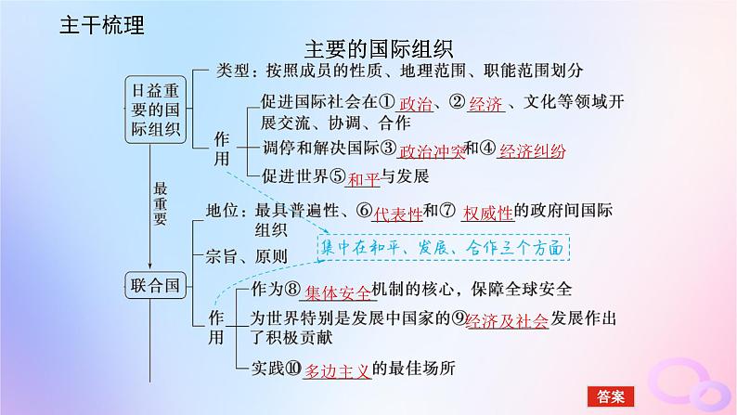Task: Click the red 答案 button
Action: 609,396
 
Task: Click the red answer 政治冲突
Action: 431,149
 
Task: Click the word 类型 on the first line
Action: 229,71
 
